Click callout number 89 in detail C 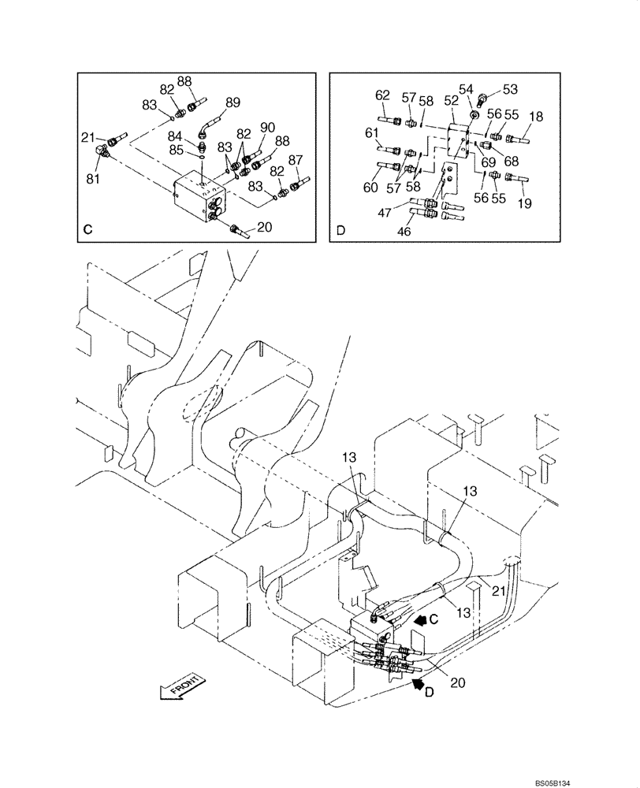pos(233,102)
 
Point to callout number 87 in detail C pos(296,160)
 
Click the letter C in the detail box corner pos(88,230)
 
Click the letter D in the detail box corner pos(340,231)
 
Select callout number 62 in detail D pos(382,95)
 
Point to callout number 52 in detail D pos(451,100)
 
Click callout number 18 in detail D pos(536,117)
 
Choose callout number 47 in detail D pos(384,214)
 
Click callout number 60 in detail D pos(370,187)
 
